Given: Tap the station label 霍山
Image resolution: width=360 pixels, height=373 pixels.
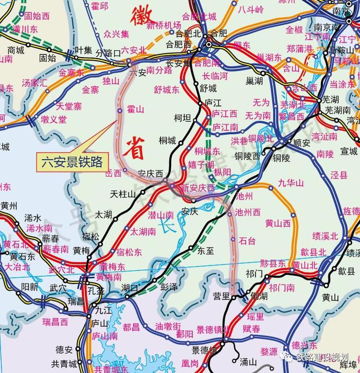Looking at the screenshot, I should pyautogui.click(x=135, y=110).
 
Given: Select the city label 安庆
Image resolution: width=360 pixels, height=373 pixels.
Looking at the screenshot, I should pyautogui.click(x=190, y=211).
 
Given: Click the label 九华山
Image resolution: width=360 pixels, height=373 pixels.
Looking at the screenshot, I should pyautogui.click(x=291, y=183).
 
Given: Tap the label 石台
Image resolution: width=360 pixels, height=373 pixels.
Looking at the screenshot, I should pyautogui.click(x=247, y=240).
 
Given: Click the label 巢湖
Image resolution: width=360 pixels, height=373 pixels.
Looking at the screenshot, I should pyautogui.click(x=254, y=81).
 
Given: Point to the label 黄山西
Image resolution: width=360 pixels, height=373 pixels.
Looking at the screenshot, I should pyautogui.click(x=278, y=223).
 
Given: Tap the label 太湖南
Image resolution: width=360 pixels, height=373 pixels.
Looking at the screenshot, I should pyautogui.click(x=143, y=232).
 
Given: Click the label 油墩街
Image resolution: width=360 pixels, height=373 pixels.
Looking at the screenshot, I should pyautogui.click(x=168, y=326).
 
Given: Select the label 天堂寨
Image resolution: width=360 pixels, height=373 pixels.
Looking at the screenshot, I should pyautogui.click(x=69, y=106).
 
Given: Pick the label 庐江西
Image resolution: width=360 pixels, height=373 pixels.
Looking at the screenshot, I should pyautogui.click(x=225, y=114).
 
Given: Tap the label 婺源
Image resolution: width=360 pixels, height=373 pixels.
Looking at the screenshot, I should pyautogui.click(x=269, y=351).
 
